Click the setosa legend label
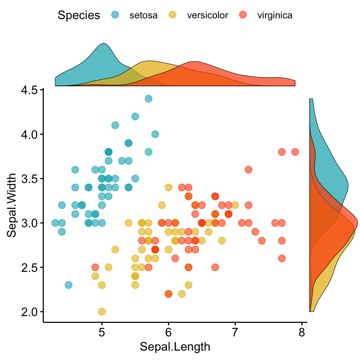tap(143, 15)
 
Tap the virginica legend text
tap(275, 15)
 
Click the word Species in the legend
tap(79, 15)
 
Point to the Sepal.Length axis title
tap(175, 347)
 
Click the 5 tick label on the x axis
tap(102, 333)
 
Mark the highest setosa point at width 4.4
tap(148, 99)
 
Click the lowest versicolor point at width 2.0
tap(102, 312)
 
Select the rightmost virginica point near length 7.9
tap(295, 152)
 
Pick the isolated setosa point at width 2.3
tap(68, 285)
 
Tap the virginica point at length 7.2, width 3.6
tap(248, 169)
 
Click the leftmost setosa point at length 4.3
tap(55, 223)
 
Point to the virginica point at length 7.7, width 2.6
tap(282, 258)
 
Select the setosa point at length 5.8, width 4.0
tap(155, 134)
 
